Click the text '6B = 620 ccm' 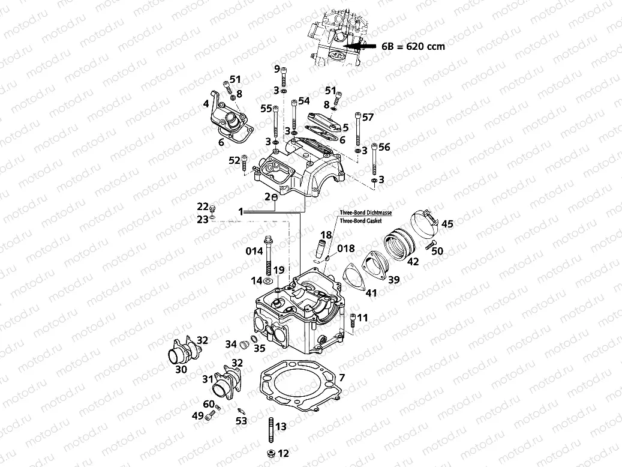click(413, 46)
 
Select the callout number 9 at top click(277, 70)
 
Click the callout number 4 click(206, 104)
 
